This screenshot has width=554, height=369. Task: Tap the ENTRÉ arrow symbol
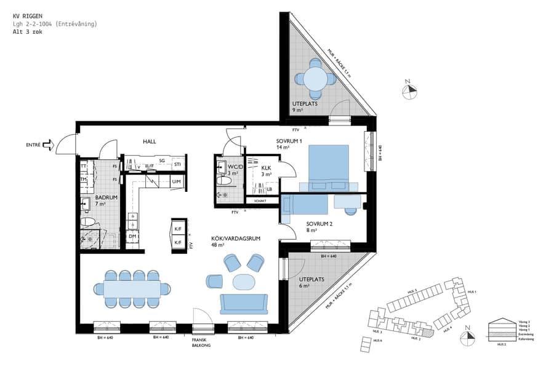point(62,146)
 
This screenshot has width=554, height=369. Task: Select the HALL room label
point(149,141)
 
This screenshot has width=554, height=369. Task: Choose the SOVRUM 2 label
point(319,224)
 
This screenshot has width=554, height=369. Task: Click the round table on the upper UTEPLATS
point(315,79)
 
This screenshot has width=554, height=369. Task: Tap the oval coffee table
point(244,282)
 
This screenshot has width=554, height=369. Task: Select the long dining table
point(132,288)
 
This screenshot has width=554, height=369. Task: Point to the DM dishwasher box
point(132,236)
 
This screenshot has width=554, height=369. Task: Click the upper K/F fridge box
point(178,229)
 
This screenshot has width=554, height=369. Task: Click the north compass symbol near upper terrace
point(409,91)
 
